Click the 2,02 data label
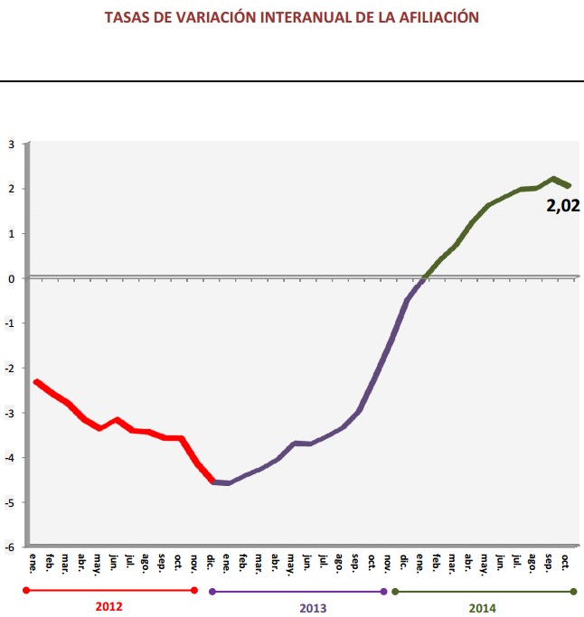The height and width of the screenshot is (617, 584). click(561, 206)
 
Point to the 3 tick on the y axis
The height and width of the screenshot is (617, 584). click(12, 144)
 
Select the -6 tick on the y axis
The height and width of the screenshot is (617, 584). click(10, 547)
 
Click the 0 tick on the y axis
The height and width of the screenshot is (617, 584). click(12, 278)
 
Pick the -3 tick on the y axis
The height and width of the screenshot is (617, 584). click(10, 413)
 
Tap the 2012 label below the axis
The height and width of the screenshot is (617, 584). click(108, 607)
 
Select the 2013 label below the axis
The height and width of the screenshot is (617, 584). click(299, 607)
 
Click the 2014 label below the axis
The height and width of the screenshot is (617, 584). click(482, 607)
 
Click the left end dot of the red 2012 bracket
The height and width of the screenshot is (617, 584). click(27, 591)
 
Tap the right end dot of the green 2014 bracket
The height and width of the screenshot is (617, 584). click(574, 592)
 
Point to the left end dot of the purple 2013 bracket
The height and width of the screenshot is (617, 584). click(212, 592)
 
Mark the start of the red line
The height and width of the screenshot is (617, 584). click(36, 382)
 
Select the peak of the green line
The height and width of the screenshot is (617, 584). click(552, 179)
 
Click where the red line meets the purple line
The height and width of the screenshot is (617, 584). click(213, 481)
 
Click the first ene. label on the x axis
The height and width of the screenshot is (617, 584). click(34, 560)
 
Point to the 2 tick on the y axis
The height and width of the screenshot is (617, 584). click(12, 189)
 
